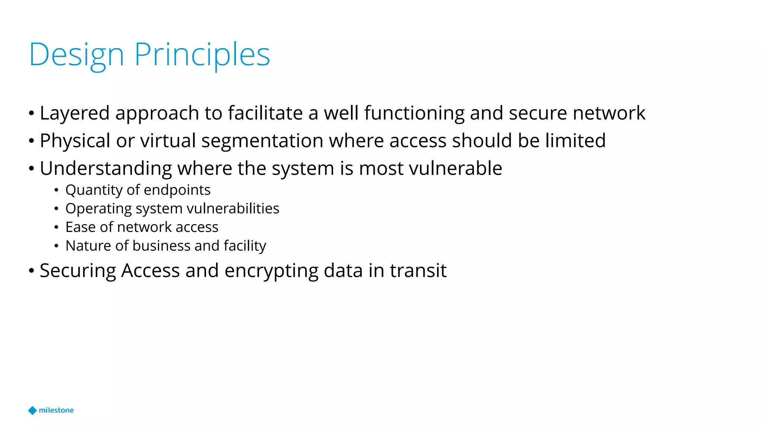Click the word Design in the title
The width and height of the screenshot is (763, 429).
point(76,55)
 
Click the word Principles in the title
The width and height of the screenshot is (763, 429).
point(202,55)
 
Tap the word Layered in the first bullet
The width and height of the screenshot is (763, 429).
point(75,113)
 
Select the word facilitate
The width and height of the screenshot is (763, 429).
point(265,113)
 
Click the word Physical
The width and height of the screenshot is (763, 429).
point(75,141)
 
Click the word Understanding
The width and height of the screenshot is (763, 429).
point(106,168)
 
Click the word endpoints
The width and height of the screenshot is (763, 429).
point(177,190)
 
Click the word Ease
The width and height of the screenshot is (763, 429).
point(80,227)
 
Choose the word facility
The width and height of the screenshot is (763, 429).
point(245,246)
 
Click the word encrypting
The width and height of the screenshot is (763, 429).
point(271,271)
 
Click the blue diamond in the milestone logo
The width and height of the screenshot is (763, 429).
point(32,410)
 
